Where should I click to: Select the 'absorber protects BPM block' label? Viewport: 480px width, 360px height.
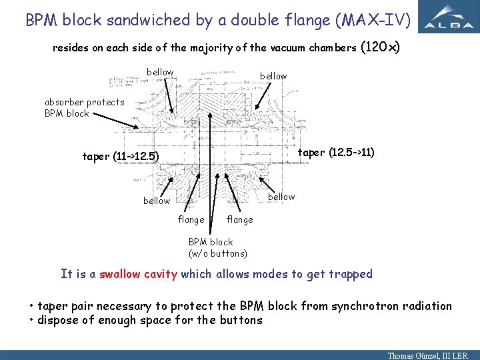(85, 107)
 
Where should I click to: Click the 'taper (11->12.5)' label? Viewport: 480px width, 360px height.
(121, 157)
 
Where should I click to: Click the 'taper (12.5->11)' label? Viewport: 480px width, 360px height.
(336, 152)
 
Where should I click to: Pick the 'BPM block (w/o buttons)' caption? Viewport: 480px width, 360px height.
(218, 247)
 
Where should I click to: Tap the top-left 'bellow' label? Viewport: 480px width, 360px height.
(160, 72)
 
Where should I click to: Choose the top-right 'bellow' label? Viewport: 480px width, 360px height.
(273, 76)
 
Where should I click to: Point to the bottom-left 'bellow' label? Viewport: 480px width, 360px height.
(157, 201)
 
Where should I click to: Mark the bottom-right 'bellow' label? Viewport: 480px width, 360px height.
(281, 197)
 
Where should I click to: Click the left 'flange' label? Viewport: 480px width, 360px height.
(191, 219)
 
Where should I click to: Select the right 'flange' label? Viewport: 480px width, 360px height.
(239, 219)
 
